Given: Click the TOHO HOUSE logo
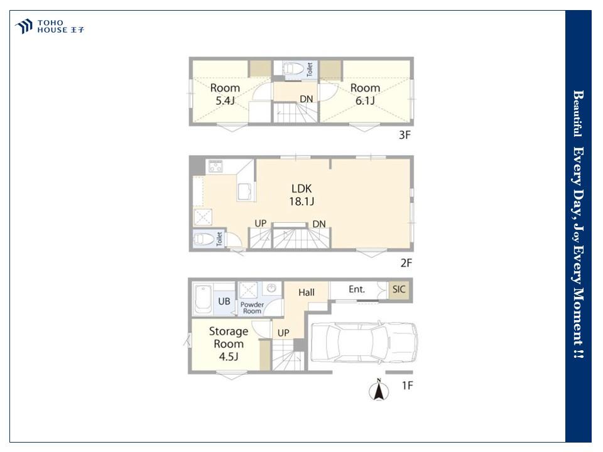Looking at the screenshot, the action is (49, 26).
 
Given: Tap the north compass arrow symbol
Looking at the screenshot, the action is (379, 390).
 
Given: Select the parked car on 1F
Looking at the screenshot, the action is (364, 342).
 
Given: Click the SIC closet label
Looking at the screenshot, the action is (399, 289).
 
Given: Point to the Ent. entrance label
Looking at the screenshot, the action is (357, 289).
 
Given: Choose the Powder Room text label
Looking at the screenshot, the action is (253, 308).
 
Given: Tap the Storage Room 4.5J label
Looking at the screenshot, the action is (229, 343).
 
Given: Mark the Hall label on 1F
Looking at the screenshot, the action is (307, 293).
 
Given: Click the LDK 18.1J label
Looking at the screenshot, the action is (301, 195).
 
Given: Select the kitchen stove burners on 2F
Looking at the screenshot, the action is (215, 166).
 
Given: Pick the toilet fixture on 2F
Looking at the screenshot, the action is (204, 239).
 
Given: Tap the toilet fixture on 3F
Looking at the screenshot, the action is (294, 69).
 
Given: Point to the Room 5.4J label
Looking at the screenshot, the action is (225, 94).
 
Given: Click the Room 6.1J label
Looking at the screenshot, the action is (365, 94).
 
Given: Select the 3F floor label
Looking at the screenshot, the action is (405, 135).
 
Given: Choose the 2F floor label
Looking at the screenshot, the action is (406, 263).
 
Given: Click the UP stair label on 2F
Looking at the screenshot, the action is (260, 223).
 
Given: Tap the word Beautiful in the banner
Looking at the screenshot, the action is (578, 114).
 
